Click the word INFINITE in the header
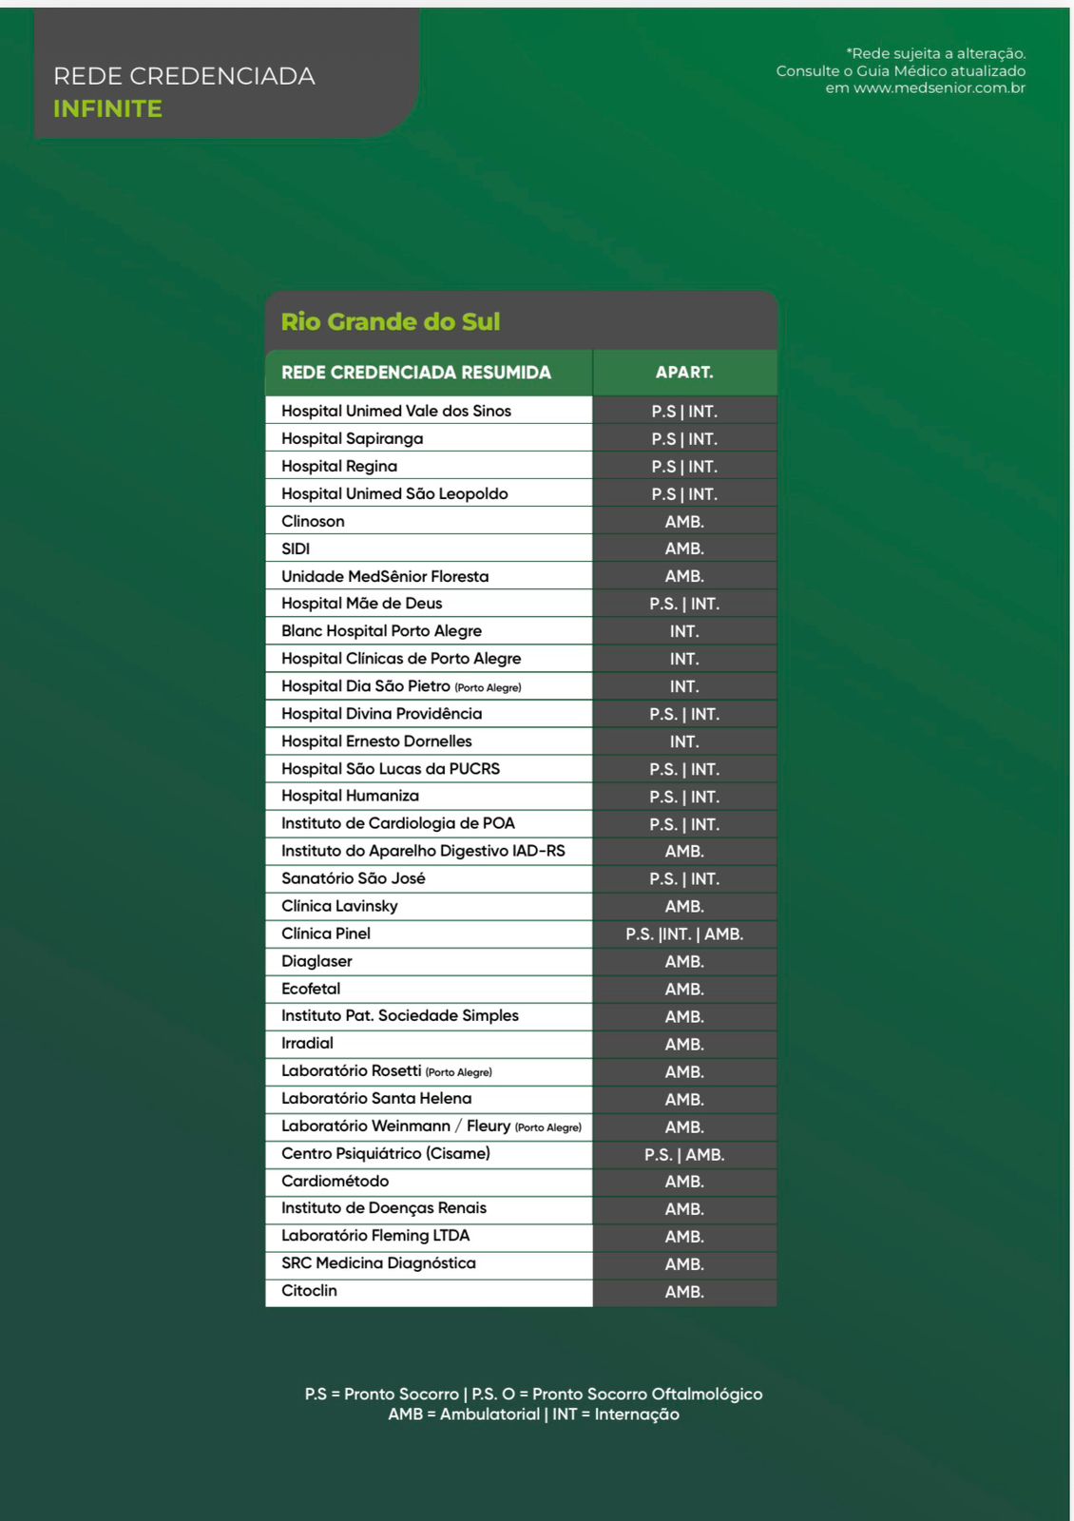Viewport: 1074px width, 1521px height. [107, 109]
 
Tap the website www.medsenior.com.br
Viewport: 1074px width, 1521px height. [939, 88]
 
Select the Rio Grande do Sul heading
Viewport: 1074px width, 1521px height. [390, 322]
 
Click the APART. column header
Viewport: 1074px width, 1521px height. [684, 373]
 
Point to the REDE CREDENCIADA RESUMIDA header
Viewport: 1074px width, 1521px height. [415, 373]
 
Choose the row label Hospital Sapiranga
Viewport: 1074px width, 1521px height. [352, 438]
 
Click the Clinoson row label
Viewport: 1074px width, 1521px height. [313, 521]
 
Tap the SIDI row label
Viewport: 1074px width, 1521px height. [296, 549]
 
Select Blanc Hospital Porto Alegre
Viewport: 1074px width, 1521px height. [381, 631]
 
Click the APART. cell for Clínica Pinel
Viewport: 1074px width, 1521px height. [684, 934]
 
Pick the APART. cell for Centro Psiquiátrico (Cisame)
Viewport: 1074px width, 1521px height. [684, 1155]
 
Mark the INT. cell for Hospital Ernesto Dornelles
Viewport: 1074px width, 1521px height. [684, 741]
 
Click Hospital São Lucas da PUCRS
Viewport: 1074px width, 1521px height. [390, 769]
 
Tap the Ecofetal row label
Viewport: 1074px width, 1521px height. [311, 989]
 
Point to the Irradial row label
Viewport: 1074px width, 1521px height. [307, 1044]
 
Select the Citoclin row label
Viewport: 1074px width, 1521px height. [309, 1291]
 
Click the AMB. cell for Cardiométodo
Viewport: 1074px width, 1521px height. [684, 1182]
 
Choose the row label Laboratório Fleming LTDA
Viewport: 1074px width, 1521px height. [375, 1236]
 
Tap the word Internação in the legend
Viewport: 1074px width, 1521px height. [637, 1415]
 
